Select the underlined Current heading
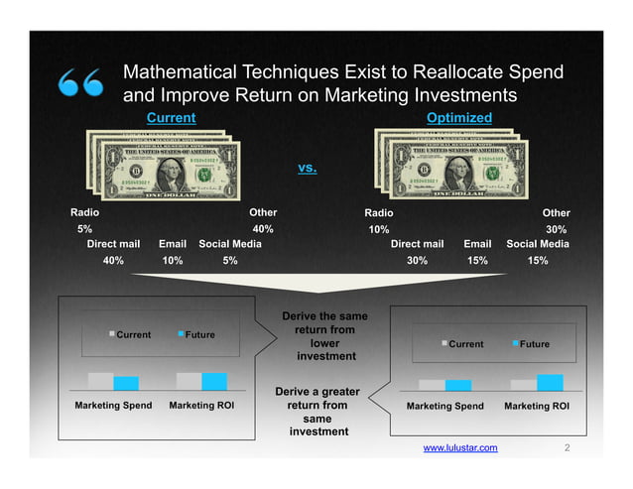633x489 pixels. [171, 118]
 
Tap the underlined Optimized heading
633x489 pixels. [459, 118]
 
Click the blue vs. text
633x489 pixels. [308, 168]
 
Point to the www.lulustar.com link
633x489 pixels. [460, 448]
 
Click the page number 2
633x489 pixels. [567, 448]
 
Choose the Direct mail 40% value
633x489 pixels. [113, 261]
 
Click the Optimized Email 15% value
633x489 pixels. [477, 261]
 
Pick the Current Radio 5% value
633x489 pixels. [85, 229]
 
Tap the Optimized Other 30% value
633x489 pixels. [557, 229]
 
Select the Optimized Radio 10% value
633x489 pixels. [378, 229]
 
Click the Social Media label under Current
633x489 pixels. [230, 243]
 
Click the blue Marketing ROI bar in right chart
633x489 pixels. [550, 383]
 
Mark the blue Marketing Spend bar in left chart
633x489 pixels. [126, 383]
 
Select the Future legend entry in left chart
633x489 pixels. [199, 334]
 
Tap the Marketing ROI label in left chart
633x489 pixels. [201, 406]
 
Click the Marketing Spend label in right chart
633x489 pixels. [445, 406]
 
